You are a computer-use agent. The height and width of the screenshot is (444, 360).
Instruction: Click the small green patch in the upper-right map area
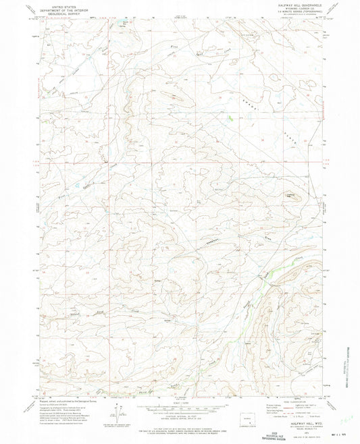pos(232,118)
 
